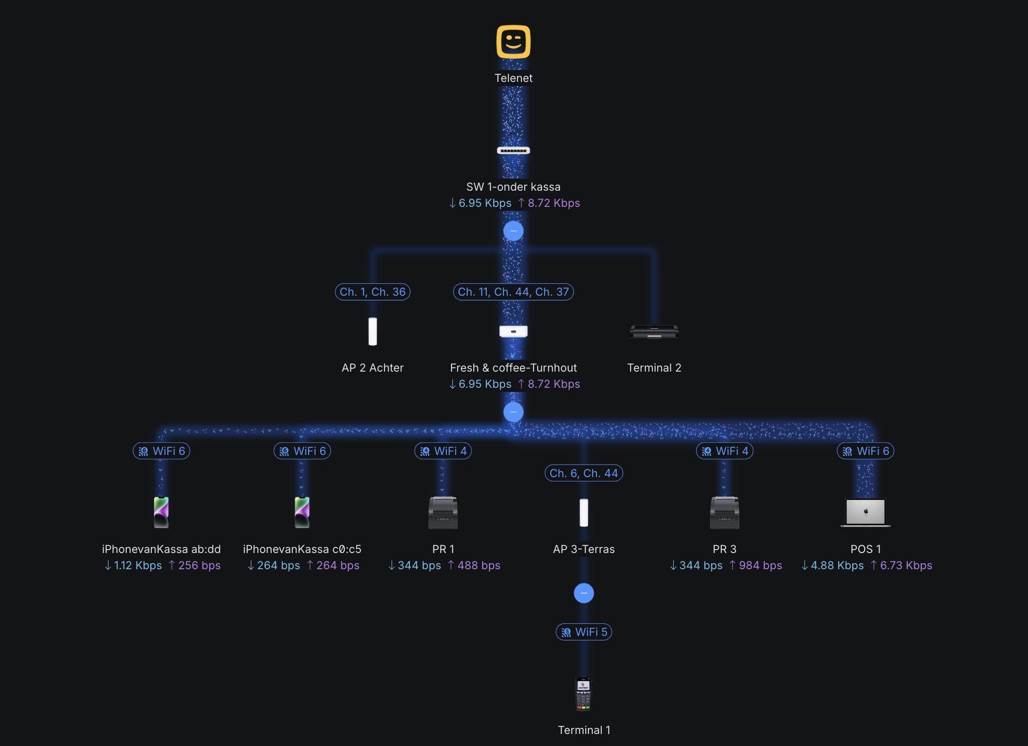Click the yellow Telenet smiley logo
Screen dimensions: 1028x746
click(514, 42)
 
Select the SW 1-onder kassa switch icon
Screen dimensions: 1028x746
click(514, 150)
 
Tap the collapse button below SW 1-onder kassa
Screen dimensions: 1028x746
click(514, 230)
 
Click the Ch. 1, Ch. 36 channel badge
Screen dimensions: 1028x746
click(372, 292)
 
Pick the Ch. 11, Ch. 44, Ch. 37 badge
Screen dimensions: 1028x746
click(514, 292)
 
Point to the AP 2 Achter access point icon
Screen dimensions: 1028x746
click(372, 331)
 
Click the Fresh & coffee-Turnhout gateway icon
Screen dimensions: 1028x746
click(514, 331)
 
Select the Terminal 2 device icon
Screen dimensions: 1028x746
click(654, 332)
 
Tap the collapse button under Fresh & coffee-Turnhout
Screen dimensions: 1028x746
click(514, 412)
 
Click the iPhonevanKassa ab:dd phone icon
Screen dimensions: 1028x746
click(161, 512)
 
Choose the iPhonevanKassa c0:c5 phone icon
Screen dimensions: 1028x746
click(302, 512)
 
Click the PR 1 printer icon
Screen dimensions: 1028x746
click(443, 512)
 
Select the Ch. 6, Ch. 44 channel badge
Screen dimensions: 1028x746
click(584, 473)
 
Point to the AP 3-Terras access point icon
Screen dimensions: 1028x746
click(584, 512)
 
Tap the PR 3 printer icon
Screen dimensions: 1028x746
click(725, 512)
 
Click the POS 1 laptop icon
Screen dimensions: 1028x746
click(866, 512)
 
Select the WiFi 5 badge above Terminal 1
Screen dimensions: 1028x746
click(584, 632)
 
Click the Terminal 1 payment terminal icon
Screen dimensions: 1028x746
click(584, 693)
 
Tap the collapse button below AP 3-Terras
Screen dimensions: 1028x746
click(584, 593)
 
